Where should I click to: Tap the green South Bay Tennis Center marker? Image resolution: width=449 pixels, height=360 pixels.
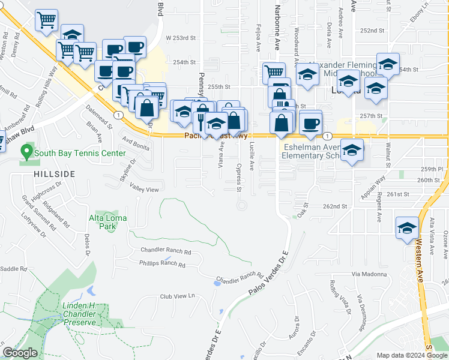tap(26, 151)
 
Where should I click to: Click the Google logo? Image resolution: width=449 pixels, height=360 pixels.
tap(20, 353)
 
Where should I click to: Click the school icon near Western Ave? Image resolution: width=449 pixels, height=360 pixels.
tap(406, 228)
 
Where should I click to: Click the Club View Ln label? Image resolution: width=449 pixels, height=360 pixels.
tap(177, 296)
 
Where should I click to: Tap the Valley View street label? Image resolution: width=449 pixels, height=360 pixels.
tap(145, 190)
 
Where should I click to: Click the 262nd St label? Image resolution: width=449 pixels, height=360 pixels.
tap(334, 206)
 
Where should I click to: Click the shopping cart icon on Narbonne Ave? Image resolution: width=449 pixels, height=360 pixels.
tap(274, 72)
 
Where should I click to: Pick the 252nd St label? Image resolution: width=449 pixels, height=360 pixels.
tap(372, 31)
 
